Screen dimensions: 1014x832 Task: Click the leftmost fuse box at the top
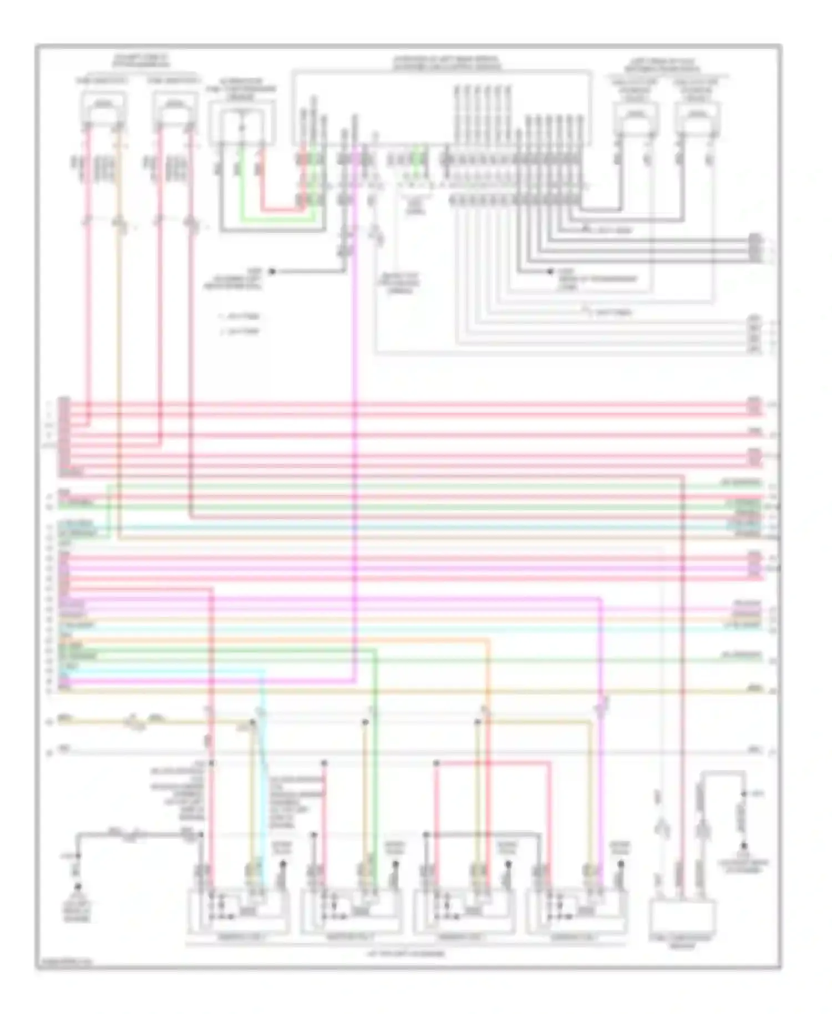103,108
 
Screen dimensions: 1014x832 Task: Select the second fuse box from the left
175,108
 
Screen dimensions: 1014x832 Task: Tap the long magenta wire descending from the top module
355,388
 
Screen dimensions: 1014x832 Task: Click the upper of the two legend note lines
240,317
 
